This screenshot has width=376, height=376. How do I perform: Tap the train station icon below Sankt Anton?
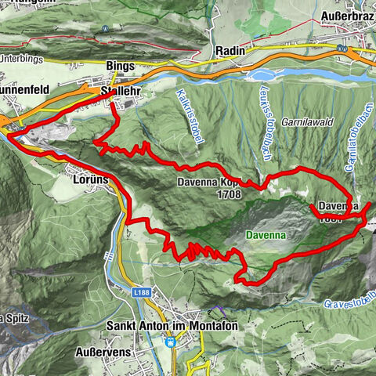[x=171, y=341]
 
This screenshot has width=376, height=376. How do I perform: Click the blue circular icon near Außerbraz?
[x=341, y=47]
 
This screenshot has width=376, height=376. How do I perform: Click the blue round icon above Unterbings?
[x=104, y=29]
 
